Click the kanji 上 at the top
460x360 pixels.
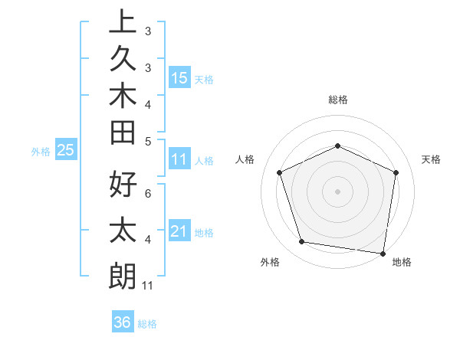[x=123, y=21]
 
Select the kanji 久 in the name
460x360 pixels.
[x=123, y=60]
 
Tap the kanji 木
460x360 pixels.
[x=123, y=97]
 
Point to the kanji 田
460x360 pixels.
[x=123, y=134]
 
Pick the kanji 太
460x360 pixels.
[x=123, y=230]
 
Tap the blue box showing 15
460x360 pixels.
[x=179, y=77]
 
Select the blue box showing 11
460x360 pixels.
[x=179, y=159]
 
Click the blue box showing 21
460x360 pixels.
[x=179, y=231]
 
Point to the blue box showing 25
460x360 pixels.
[x=65, y=150]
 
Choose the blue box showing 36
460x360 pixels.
[x=122, y=322]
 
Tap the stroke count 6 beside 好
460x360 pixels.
[x=148, y=193]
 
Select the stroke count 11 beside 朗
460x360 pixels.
[x=148, y=286]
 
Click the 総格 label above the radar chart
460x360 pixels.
[x=337, y=100]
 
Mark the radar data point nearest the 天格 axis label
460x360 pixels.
[x=396, y=172]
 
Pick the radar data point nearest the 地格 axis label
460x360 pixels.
[x=383, y=253]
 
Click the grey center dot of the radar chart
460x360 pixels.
[x=337, y=191]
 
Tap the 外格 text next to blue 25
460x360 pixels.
[x=41, y=151]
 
